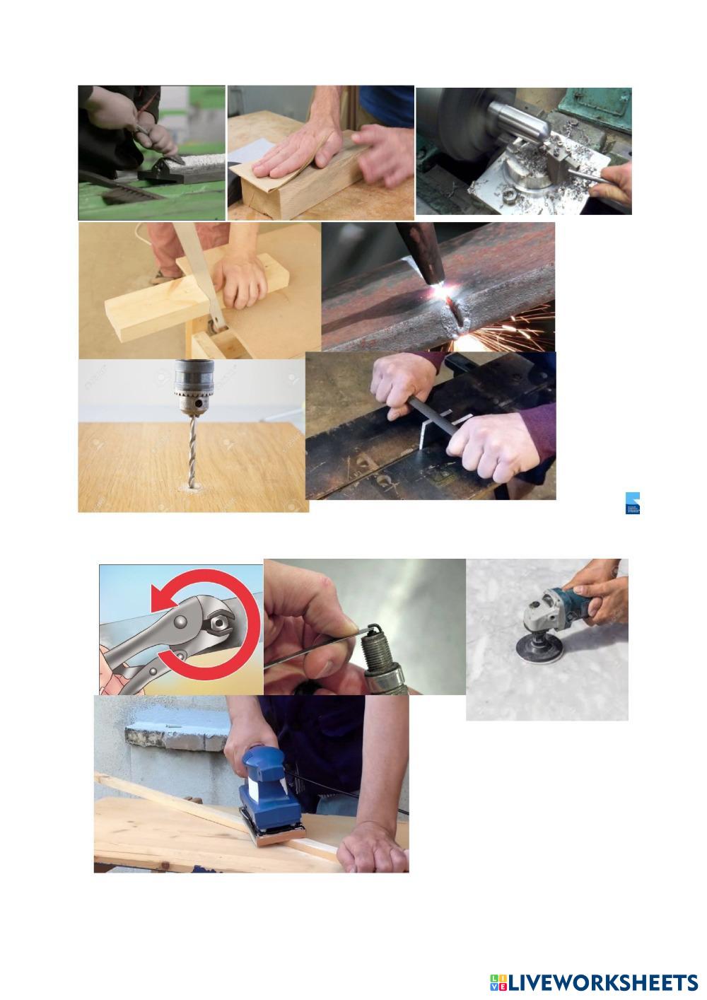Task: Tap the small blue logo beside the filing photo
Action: [633, 503]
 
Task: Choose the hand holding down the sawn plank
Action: [240, 279]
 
